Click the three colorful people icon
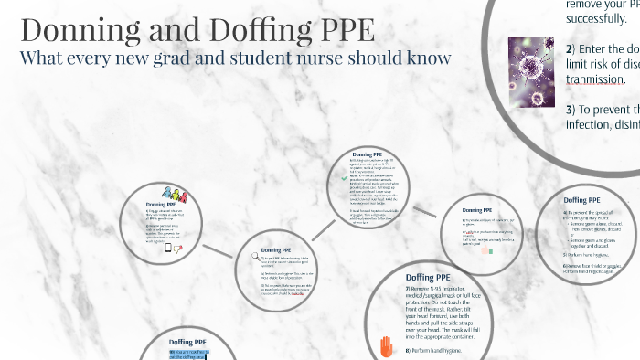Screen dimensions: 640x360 tap(173, 220)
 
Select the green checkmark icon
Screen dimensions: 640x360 tap(341, 180)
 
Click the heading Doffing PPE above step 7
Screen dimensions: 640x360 tap(430, 278)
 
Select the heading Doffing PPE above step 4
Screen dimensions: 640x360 tap(581, 225)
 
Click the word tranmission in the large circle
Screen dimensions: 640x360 tap(597, 78)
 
